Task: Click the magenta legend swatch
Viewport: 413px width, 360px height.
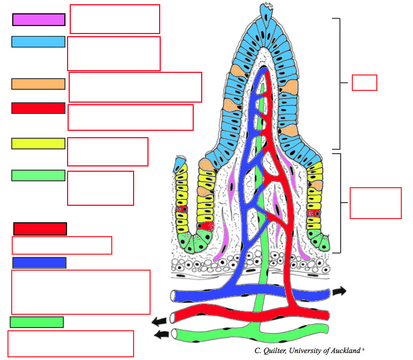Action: (x=39, y=20)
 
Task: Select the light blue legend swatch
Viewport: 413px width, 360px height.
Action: (x=38, y=41)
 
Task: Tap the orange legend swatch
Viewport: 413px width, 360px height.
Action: (x=38, y=83)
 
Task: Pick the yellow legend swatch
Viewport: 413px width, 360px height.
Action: (x=38, y=144)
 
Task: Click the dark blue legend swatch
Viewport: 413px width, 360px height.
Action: (x=39, y=263)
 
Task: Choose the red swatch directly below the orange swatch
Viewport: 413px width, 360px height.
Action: (x=38, y=108)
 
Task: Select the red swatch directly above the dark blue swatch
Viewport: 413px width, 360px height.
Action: (x=40, y=229)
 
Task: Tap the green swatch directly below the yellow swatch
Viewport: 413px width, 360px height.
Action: (x=38, y=175)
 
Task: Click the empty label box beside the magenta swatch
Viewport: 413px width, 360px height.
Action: (x=115, y=19)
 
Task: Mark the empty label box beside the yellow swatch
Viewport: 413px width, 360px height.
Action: (x=108, y=152)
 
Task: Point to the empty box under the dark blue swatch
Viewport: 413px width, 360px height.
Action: (x=80, y=292)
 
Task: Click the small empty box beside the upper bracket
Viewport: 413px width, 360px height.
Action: (x=365, y=82)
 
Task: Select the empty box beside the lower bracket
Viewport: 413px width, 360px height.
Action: (x=375, y=203)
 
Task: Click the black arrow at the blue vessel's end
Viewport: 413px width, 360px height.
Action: (x=339, y=291)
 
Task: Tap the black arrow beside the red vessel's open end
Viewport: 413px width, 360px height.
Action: (x=158, y=321)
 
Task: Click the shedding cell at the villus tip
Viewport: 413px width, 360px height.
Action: (x=265, y=10)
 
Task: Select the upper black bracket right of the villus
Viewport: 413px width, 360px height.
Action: (x=338, y=83)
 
